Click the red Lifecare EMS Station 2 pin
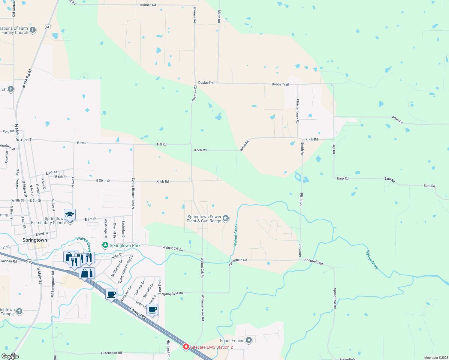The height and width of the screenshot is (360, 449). (186, 347)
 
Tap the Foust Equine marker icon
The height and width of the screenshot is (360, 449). (249, 340)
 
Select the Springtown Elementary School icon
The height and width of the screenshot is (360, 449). (70, 215)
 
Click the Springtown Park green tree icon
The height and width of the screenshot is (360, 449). (105, 245)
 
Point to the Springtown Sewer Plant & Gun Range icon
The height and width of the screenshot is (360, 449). (226, 218)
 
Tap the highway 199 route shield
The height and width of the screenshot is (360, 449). (29, 262)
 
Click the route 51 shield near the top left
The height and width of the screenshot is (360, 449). (47, 27)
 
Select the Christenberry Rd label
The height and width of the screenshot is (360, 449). (297, 111)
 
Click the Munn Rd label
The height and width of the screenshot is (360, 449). (219, 16)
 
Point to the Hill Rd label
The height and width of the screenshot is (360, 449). (161, 144)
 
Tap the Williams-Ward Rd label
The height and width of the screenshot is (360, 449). (203, 308)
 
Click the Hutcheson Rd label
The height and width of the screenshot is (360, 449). (111, 353)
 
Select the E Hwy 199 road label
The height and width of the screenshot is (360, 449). (138, 313)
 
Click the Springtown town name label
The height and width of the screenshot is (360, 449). (35, 240)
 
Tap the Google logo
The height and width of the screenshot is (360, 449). (10, 356)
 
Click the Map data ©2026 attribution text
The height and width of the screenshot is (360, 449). (436, 358)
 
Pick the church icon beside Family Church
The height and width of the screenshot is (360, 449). (33, 30)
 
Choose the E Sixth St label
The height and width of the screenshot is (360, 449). (103, 181)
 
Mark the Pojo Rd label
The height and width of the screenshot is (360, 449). (8, 131)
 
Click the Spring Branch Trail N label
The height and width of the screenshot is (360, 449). (133, 193)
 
